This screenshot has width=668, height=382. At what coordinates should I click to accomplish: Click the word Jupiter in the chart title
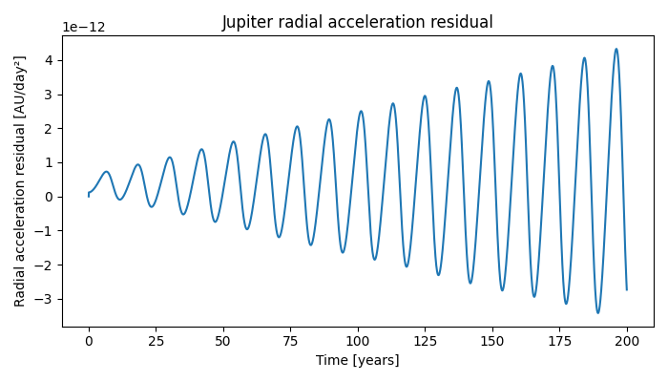coord(247,22)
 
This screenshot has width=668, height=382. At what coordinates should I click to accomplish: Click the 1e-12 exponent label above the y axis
coord(85,28)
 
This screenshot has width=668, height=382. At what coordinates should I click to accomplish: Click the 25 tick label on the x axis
coord(156,341)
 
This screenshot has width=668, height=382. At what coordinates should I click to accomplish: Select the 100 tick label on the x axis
coord(358,341)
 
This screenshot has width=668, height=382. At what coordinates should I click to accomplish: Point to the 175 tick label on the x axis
coord(559,341)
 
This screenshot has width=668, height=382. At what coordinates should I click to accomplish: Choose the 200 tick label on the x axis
coord(627,341)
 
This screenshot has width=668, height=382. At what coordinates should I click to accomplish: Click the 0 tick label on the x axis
coord(89,341)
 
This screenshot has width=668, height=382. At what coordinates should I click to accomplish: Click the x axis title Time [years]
coord(358,360)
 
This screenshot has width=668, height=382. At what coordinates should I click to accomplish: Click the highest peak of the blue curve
coord(616,49)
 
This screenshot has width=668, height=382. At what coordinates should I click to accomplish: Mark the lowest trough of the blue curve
coord(598,312)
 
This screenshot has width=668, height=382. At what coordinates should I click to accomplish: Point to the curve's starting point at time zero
coord(89,196)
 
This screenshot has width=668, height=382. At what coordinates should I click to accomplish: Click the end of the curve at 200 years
coord(627,289)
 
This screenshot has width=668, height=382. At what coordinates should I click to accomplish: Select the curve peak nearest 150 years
coord(489,81)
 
